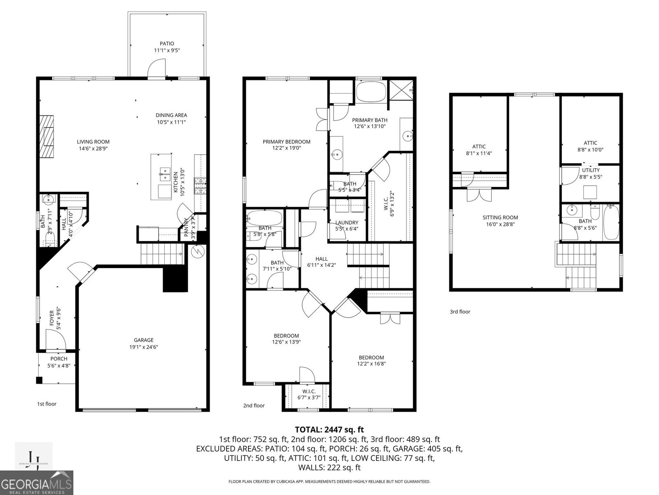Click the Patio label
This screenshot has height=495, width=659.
(167, 43)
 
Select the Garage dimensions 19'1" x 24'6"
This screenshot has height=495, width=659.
(143, 347)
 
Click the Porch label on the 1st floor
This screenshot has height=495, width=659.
(59, 359)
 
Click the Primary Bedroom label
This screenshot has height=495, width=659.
(286, 141)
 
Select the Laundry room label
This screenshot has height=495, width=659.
(347, 222)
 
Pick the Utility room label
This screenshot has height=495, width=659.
(591, 170)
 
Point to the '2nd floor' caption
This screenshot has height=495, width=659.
(254, 405)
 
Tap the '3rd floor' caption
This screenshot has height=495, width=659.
(460, 312)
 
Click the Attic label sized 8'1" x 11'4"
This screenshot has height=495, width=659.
(479, 146)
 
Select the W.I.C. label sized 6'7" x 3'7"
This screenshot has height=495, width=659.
(308, 391)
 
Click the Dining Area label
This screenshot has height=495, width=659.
(171, 115)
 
